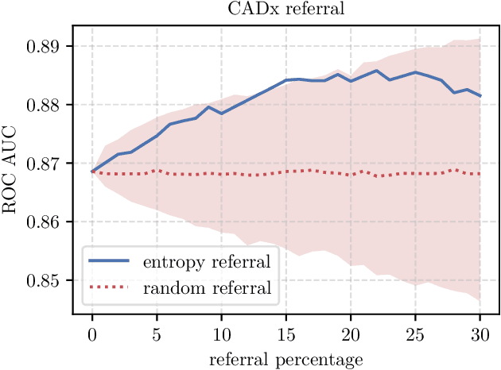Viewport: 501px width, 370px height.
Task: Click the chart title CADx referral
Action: pyautogui.click(x=285, y=9)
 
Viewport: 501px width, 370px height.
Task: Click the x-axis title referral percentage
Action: pyautogui.click(x=285, y=359)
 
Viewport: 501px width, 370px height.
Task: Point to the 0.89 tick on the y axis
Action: pyautogui.click(x=45, y=46)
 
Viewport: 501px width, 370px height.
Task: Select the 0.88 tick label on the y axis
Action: pyautogui.click(x=45, y=105)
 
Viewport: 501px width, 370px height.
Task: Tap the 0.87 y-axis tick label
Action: pyautogui.click(x=45, y=164)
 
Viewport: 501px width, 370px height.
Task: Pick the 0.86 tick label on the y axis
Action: pyautogui.click(x=45, y=222)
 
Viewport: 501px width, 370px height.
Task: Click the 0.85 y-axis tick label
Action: pyautogui.click(x=45, y=281)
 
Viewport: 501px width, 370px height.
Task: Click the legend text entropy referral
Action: pyautogui.click(x=207, y=261)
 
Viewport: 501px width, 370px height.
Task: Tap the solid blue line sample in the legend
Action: pyautogui.click(x=110, y=261)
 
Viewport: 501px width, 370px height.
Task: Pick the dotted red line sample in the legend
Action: pyautogui.click(x=110, y=287)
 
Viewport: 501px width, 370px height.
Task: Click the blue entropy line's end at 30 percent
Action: pyautogui.click(x=480, y=95)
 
